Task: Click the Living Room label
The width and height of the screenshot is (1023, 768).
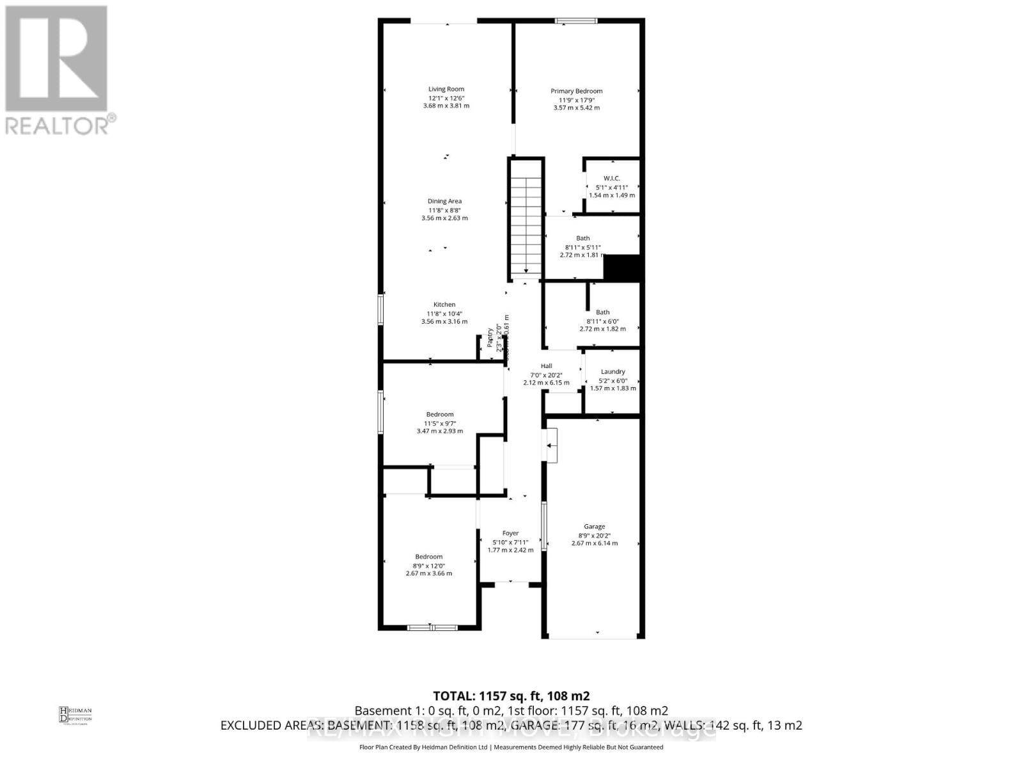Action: pos(446,89)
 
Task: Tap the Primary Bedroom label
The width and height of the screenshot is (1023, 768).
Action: pos(576,91)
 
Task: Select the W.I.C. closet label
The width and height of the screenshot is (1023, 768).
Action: pos(611,178)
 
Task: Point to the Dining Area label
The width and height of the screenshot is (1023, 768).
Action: pos(444,201)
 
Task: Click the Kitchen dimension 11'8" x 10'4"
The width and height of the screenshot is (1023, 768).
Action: pos(444,314)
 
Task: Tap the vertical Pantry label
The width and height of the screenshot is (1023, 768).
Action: pos(490,338)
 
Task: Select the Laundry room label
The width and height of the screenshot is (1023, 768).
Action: pos(613,371)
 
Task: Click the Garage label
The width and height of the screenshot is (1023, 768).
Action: pos(594,527)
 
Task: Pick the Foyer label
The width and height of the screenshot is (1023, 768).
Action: pos(510,533)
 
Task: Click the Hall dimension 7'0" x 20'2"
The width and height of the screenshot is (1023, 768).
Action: pos(546,375)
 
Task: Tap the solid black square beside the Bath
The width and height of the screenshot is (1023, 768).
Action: pos(622,268)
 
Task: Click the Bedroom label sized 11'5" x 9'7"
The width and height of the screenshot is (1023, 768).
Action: pos(440,414)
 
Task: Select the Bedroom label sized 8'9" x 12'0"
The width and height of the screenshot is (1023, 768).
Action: pos(428,557)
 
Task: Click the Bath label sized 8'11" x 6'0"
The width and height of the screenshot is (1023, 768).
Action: pos(602,312)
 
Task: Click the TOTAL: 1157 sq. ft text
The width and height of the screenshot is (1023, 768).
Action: pos(511,696)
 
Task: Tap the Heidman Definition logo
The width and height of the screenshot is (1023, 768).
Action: pos(75,714)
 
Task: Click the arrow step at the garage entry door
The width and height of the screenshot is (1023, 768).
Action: pos(551,445)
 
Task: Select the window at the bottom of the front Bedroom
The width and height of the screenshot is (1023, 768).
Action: pos(432,627)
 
